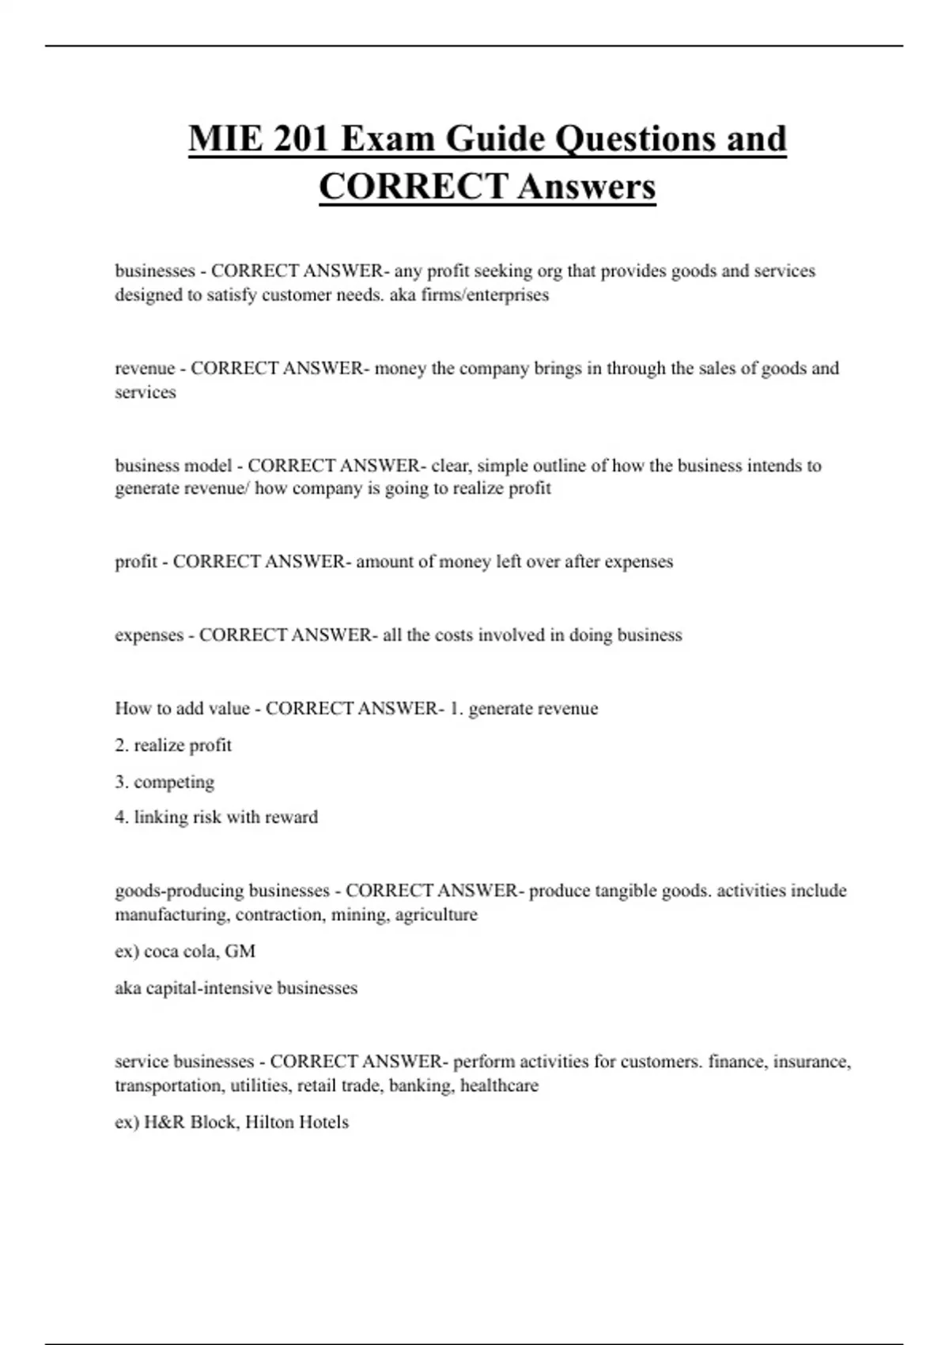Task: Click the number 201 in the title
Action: coord(302,138)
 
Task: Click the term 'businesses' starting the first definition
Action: coord(155,271)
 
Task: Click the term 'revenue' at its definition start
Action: coord(145,368)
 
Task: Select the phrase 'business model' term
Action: coord(173,465)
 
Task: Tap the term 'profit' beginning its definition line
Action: coord(135,562)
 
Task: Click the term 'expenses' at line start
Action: coord(149,635)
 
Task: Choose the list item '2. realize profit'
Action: coord(173,745)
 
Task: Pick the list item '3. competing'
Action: coord(164,782)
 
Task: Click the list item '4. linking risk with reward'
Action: coord(216,817)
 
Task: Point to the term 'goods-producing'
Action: coord(179,891)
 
